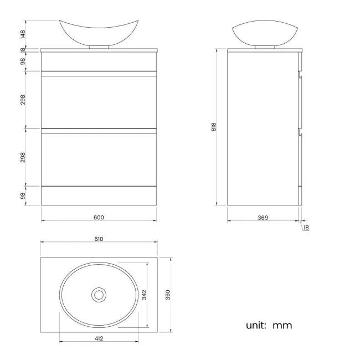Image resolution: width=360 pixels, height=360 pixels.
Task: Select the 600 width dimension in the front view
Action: click(x=99, y=217)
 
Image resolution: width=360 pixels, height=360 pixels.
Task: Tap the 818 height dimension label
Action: click(x=214, y=127)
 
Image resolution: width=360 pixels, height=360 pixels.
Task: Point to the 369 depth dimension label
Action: click(x=263, y=218)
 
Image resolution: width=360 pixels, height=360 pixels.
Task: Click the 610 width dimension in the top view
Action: click(x=99, y=239)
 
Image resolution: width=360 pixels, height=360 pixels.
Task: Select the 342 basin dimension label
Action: click(x=144, y=295)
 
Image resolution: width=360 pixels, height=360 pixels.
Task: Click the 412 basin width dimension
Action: click(x=99, y=338)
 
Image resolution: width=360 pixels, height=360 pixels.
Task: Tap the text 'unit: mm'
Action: click(x=269, y=325)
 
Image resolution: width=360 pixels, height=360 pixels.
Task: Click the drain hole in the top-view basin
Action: click(x=99, y=294)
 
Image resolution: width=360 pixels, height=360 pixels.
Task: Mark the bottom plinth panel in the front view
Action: click(x=99, y=196)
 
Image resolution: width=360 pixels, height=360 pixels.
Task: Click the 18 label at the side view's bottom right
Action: click(x=306, y=227)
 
